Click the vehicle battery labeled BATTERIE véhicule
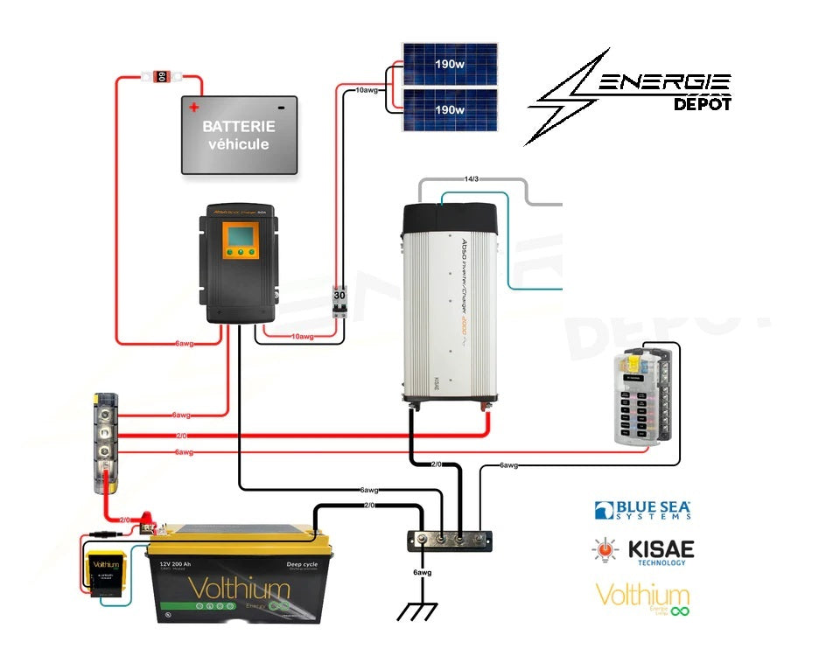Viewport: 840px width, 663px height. point(239,135)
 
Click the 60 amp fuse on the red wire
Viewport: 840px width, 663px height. point(161,77)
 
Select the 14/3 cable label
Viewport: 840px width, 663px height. point(472,178)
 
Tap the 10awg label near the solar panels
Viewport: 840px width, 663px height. point(367,90)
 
